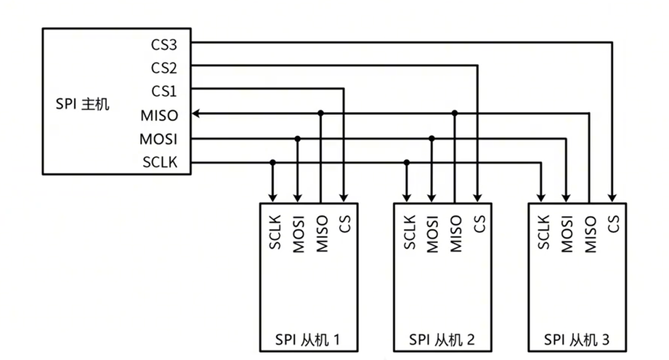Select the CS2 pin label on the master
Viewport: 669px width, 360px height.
click(164, 68)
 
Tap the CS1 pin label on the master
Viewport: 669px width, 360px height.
click(164, 91)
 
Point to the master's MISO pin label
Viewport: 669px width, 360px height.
click(159, 115)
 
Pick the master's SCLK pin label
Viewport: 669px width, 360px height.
click(160, 163)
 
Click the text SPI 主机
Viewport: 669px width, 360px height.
click(82, 103)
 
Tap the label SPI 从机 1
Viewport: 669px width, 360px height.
click(308, 340)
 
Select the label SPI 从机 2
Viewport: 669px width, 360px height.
click(442, 340)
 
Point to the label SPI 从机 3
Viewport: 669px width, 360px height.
click(577, 340)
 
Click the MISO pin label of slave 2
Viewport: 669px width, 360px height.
click(456, 233)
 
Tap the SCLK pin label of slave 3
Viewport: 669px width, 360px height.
click(544, 232)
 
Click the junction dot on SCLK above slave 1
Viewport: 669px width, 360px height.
click(273, 162)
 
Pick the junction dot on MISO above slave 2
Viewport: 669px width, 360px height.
click(455, 113)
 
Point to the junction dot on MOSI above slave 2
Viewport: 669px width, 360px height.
click(432, 138)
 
